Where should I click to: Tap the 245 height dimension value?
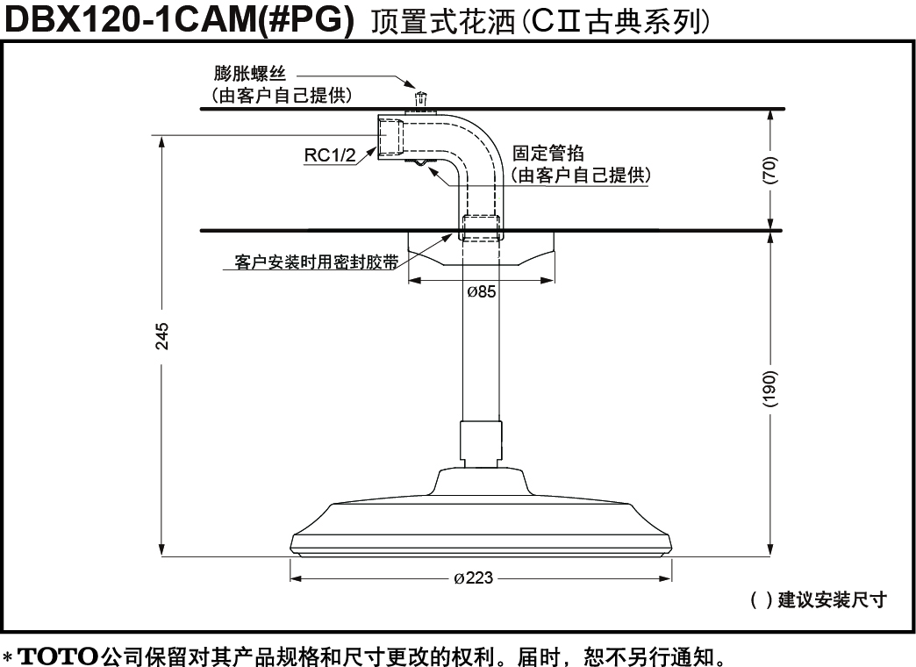161,336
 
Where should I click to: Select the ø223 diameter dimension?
474,578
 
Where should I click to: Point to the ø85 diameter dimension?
482,291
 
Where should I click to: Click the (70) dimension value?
770,170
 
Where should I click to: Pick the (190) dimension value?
770,388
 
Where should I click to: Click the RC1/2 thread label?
330,155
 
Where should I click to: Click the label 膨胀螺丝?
249,75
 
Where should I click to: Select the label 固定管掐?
548,154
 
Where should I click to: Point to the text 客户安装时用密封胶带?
316,262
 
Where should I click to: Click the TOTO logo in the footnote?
57,655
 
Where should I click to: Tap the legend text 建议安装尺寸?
832,599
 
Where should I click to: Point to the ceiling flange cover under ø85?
481,248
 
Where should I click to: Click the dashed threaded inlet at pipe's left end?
390,136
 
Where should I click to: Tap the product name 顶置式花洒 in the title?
443,22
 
